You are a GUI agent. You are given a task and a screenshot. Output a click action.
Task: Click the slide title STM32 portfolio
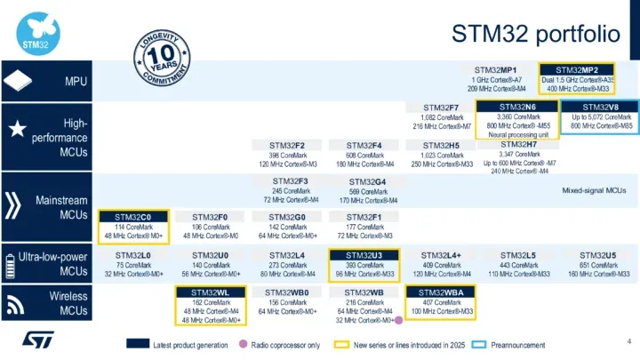point(535,34)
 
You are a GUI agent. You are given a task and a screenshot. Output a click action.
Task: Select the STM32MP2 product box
point(577,78)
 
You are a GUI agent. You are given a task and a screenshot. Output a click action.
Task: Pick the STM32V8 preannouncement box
point(602,117)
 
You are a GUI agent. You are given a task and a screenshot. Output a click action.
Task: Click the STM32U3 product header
point(364,255)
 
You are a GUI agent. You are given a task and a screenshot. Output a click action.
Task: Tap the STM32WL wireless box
point(211,292)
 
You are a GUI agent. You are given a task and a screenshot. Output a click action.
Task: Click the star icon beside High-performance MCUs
point(17,130)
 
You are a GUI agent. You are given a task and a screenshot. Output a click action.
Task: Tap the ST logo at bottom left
point(36,340)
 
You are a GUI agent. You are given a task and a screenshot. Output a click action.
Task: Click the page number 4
point(628,341)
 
